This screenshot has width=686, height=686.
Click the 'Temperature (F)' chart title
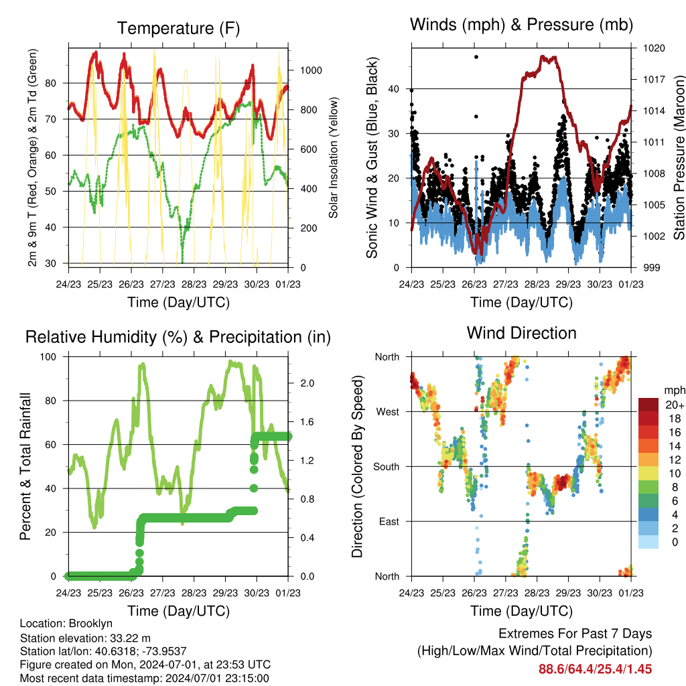178,28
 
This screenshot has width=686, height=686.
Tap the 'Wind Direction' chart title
521,333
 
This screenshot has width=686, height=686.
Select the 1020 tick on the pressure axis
653,48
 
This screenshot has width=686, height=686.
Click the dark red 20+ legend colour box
649,405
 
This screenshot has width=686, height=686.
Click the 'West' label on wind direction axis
388,411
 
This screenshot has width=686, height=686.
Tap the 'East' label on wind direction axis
389,521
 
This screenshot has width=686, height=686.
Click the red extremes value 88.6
551,669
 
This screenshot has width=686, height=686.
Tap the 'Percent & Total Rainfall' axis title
26,466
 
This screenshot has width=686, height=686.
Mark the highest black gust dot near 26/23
476,57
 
